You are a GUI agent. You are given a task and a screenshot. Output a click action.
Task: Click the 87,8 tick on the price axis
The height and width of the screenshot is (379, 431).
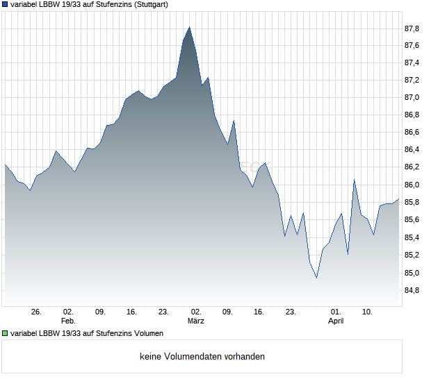click(412, 28)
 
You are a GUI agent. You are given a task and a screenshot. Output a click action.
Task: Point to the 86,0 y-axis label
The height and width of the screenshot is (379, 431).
click(412, 185)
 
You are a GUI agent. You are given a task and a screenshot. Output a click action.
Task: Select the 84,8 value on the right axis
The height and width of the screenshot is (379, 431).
click(412, 290)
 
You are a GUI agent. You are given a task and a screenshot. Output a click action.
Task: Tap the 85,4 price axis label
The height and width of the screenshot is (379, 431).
click(412, 237)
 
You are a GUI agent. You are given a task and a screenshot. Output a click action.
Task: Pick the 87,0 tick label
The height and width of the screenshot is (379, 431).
click(412, 98)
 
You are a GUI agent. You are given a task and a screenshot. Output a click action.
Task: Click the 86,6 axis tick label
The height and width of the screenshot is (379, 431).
click(412, 133)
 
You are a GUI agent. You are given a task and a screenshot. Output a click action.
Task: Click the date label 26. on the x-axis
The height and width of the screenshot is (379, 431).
click(37, 312)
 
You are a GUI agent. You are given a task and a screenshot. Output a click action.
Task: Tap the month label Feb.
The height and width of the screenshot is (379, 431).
click(68, 321)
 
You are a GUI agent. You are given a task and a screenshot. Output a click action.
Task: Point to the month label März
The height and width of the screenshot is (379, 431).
click(195, 321)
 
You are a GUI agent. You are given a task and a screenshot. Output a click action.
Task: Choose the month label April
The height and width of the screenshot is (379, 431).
click(336, 321)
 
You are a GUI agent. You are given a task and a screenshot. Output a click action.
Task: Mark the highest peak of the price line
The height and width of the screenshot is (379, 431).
click(189, 27)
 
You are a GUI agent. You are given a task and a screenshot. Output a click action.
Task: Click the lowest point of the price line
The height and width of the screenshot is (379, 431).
click(316, 278)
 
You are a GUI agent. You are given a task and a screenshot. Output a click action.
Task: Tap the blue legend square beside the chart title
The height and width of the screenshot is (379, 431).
click(5, 4)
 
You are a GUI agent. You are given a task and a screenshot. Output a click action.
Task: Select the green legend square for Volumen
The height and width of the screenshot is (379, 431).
click(5, 334)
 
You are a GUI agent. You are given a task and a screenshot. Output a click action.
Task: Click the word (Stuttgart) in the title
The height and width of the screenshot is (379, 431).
click(146, 4)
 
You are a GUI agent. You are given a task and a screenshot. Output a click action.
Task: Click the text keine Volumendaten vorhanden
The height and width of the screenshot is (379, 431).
click(202, 357)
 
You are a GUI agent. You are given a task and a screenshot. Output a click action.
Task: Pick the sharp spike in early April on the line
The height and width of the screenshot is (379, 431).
click(354, 180)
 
